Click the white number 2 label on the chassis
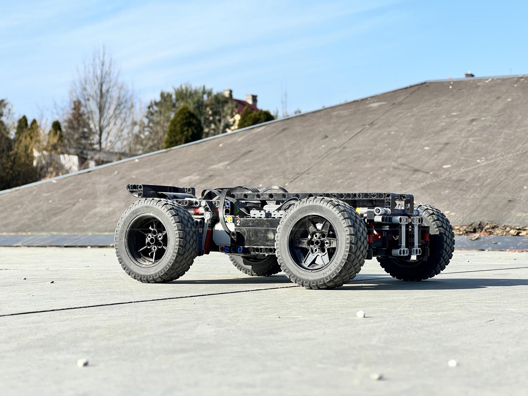point(238,222)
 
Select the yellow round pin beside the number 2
point(230,220)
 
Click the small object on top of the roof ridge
point(469,75)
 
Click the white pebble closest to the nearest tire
point(361,314)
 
